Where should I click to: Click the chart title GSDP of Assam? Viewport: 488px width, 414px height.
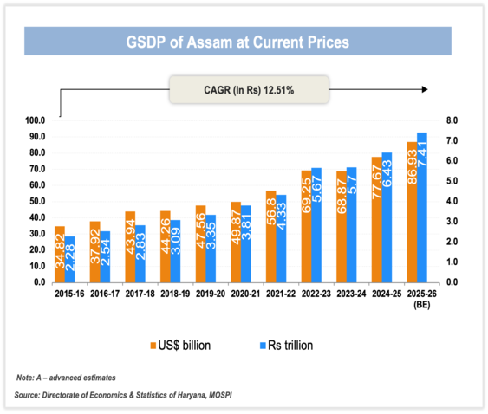238,41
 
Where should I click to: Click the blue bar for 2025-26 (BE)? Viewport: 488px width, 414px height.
422,207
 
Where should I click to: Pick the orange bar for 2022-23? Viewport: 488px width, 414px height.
306,226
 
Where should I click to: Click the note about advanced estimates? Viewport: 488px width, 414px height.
66,378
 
